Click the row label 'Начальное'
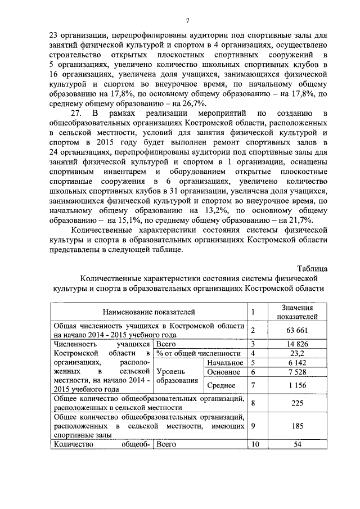coord(223,363)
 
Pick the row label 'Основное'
coord(224,372)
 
